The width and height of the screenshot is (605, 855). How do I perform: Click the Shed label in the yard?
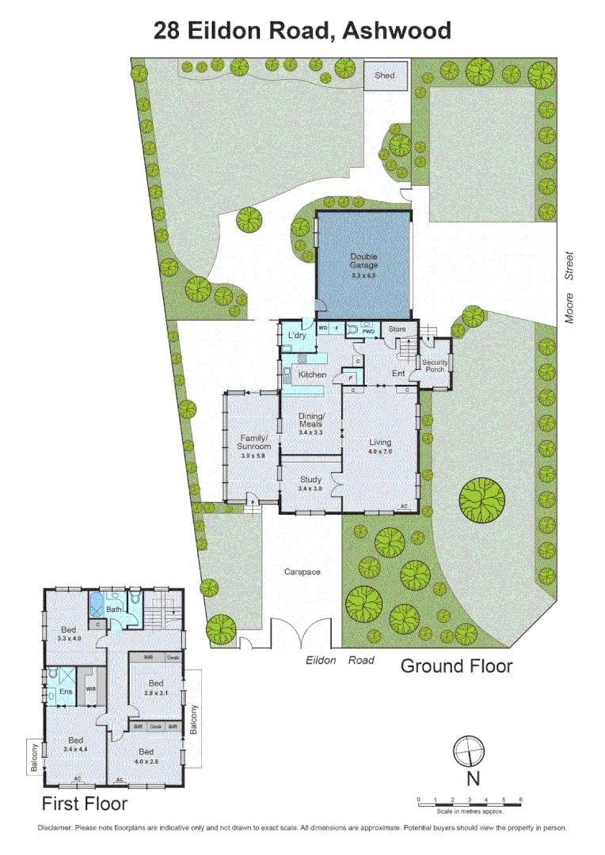coord(384,76)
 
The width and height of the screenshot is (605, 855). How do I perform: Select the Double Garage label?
coord(363,261)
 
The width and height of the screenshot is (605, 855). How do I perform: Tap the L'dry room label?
coord(296,336)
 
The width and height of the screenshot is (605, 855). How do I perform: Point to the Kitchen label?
coord(311,374)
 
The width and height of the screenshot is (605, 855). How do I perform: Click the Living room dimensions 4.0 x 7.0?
coord(380,451)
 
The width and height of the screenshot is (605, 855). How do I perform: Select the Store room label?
coord(397,329)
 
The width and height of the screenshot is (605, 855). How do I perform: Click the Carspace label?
coord(302,571)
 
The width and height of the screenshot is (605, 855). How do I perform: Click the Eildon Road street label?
coord(340,659)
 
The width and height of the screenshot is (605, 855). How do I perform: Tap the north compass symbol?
coord(467,750)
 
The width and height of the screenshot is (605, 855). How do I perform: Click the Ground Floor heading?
coord(455,666)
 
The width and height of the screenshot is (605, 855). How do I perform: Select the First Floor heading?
coord(85,804)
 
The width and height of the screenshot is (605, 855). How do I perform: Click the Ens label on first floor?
coord(64,692)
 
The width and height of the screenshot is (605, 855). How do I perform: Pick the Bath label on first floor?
coord(114,610)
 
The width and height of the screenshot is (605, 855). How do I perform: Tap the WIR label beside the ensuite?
coord(91,690)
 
